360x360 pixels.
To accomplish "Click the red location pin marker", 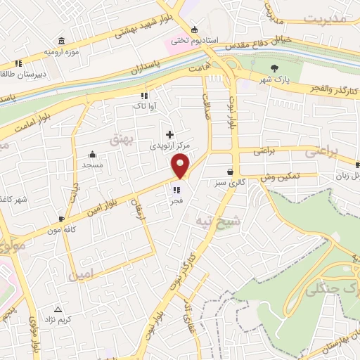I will coord(181,167).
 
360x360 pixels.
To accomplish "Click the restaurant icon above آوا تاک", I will coord(143,95).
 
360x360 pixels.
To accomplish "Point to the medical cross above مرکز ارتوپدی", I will coord(169,134).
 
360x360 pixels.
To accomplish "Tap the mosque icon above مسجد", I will coord(92,155).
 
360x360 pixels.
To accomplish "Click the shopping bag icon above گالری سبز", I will coord(230,172).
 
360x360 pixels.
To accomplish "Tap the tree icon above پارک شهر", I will coord(274,68).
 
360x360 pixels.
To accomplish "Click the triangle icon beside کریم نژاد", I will coord(58,309).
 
